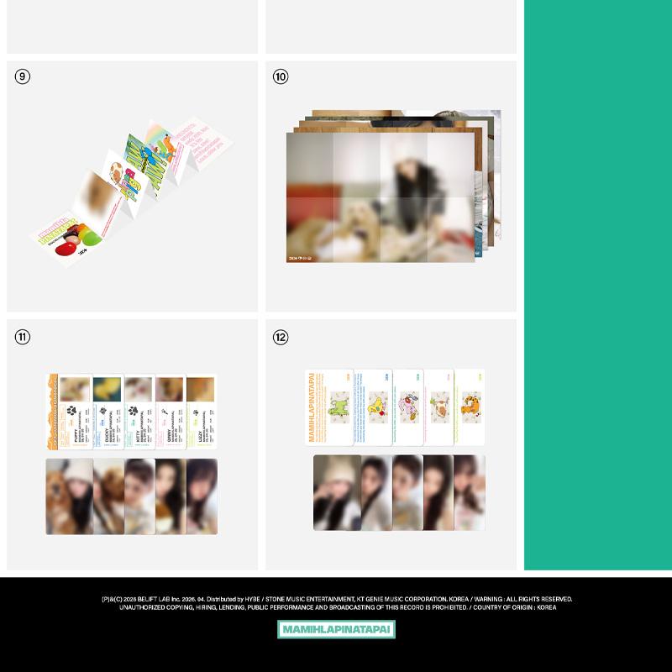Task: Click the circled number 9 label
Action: [x=23, y=76]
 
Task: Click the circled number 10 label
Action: [x=281, y=76]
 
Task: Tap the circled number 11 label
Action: [x=23, y=337]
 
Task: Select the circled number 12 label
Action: [x=281, y=337]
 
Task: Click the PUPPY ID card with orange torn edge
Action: [x=74, y=411]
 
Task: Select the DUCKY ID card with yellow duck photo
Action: [x=107, y=411]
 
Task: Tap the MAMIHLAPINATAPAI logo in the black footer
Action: [x=336, y=629]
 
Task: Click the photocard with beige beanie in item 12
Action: [x=337, y=492]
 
